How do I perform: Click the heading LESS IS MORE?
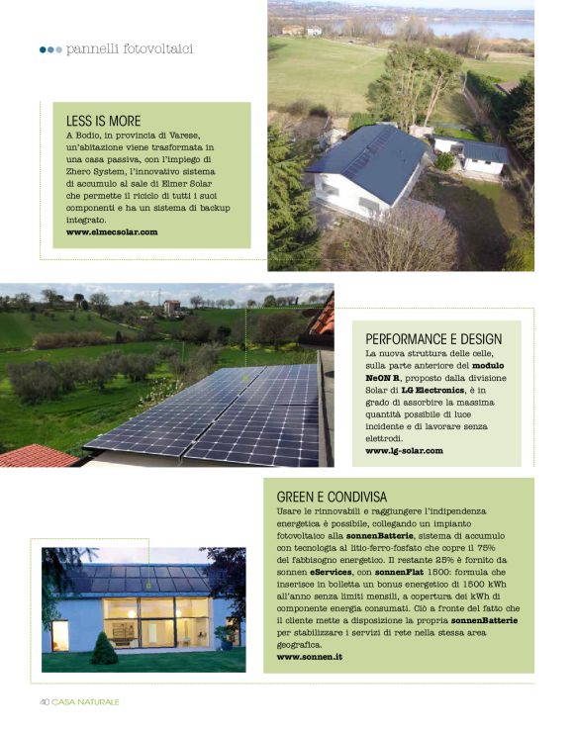[x=103, y=121]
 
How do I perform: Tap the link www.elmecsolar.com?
[x=112, y=230]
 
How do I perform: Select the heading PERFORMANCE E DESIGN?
[x=440, y=338]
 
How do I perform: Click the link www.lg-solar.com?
[x=404, y=450]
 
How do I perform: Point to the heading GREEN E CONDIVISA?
[x=332, y=496]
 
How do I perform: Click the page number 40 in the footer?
[x=45, y=701]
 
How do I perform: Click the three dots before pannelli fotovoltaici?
[x=50, y=48]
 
